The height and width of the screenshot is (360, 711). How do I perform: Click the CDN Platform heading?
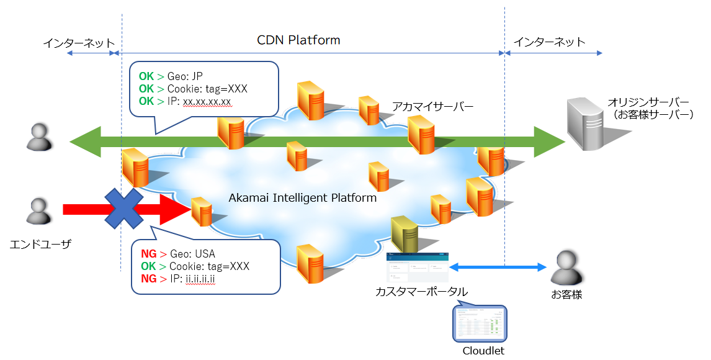pyautogui.click(x=298, y=40)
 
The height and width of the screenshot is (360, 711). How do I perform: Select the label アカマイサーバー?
pyautogui.click(x=433, y=107)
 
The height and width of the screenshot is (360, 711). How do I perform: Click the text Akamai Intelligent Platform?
pyautogui.click(x=303, y=198)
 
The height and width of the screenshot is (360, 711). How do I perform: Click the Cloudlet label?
pyautogui.click(x=483, y=351)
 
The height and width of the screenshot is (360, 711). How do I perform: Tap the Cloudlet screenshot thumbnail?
pyautogui.click(x=481, y=323)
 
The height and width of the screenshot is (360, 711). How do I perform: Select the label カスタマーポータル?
pyautogui.click(x=421, y=292)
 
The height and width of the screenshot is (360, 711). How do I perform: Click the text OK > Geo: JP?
pyautogui.click(x=171, y=76)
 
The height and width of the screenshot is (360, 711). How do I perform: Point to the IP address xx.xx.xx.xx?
pyautogui.click(x=207, y=101)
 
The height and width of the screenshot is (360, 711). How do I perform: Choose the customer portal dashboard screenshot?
pyautogui.click(x=416, y=268)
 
